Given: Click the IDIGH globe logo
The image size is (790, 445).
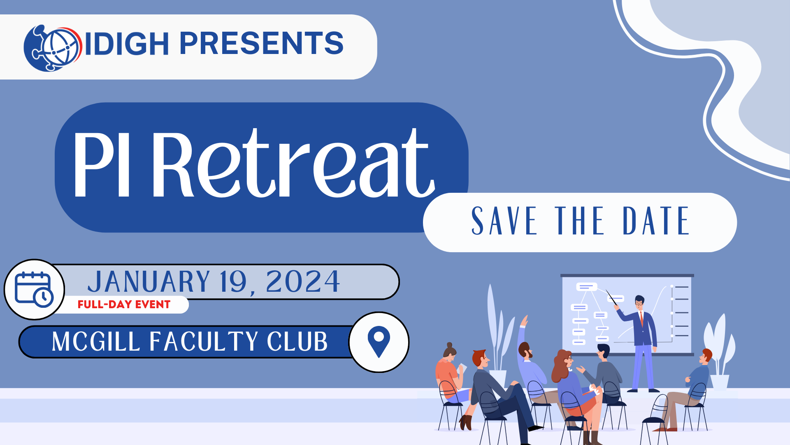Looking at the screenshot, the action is click(53, 48).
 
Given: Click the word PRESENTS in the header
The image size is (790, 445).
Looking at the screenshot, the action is click(262, 43).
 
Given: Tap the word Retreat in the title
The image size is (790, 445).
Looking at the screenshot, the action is click(294, 163).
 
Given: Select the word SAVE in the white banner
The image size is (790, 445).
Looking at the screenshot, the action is click(504, 221).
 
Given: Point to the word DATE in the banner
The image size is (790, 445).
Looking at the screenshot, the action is click(656, 221).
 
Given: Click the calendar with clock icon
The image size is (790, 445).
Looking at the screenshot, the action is click(34, 289).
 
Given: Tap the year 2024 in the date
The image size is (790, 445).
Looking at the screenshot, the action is click(303, 282).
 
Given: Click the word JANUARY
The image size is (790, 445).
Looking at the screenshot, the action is click(149, 282).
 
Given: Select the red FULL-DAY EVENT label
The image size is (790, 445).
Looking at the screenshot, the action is click(124, 304).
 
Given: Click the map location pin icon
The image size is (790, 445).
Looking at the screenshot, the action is click(379, 342).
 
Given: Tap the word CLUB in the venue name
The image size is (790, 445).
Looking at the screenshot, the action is click(297, 342).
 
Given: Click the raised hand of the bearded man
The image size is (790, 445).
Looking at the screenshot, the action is click(524, 321).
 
